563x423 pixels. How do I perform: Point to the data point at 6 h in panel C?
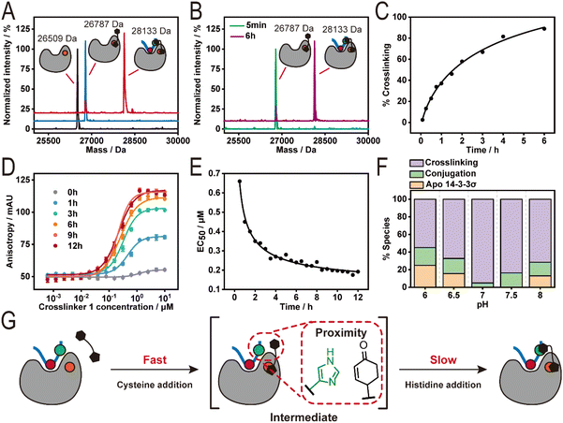(544, 28)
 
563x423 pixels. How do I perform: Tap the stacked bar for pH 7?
(481, 242)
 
